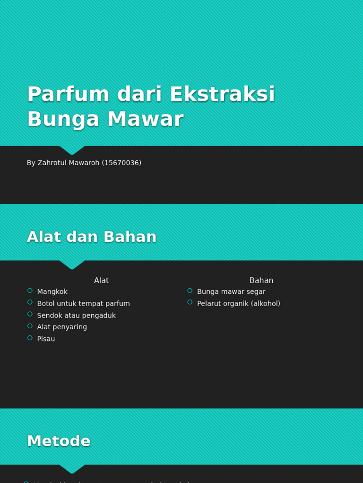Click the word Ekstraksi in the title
[222, 94]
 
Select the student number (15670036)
[121, 163]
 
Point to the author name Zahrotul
[54, 163]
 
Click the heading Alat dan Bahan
[92, 237]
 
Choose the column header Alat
[101, 281]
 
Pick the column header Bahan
[261, 281]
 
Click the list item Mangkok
[52, 292]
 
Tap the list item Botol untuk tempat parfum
[83, 304]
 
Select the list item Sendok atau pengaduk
[76, 316]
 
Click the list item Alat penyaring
[62, 327]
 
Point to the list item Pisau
[46, 339]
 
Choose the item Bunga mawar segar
[231, 292]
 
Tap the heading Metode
[59, 441]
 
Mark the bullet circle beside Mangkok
[30, 291]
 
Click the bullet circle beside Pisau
[30, 338]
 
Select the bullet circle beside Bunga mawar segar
[190, 291]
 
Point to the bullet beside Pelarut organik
[190, 302]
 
